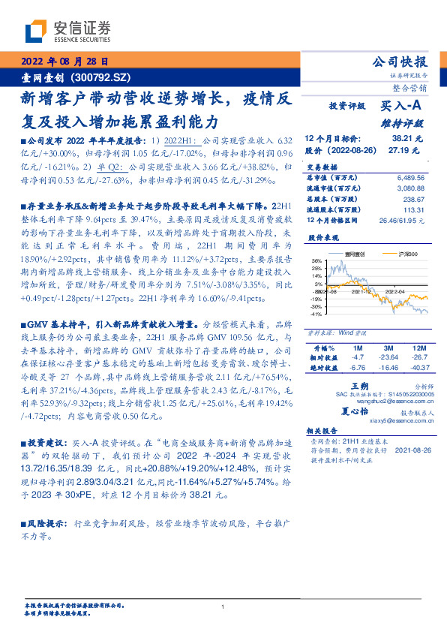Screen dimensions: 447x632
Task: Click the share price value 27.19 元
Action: click(x=408, y=150)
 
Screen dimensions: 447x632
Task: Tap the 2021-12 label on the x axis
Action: click(x=362, y=293)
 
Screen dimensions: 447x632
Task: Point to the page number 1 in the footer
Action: click(x=223, y=606)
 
